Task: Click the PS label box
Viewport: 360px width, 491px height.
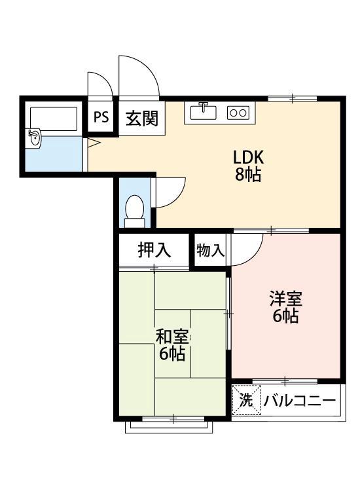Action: click(x=100, y=118)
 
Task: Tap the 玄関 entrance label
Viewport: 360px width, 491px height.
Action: click(x=141, y=118)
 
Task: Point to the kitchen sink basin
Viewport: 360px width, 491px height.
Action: click(x=204, y=112)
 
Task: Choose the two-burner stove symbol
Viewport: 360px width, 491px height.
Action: click(x=238, y=113)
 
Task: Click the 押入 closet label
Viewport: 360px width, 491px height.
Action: click(x=154, y=249)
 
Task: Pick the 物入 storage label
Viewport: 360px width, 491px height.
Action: click(x=211, y=250)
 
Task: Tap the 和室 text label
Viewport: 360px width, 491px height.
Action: click(x=172, y=337)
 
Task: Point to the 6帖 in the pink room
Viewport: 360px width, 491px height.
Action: click(x=286, y=316)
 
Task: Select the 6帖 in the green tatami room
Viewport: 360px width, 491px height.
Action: click(x=172, y=355)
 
